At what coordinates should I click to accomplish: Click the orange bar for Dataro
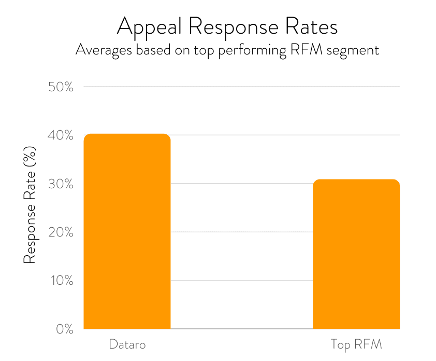127,231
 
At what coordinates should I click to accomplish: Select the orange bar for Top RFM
356,254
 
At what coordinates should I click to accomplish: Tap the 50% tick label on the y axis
61,87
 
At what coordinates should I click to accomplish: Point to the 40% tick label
61,135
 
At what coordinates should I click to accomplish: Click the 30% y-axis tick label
61,184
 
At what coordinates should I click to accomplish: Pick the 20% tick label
61,232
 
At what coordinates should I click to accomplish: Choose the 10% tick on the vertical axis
61,281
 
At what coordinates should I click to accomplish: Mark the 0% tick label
64,329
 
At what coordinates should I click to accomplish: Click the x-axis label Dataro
127,344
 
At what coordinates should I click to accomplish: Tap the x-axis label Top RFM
356,344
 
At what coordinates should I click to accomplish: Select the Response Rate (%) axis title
30,205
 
